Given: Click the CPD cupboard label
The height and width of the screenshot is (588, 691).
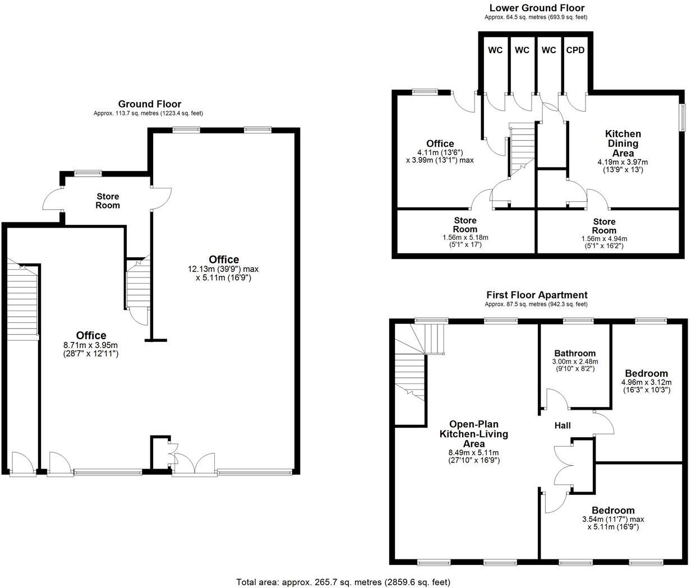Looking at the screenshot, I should (575, 50).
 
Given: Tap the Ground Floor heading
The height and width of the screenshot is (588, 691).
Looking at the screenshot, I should (149, 104).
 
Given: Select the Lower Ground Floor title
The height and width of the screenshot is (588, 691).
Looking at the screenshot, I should (537, 8).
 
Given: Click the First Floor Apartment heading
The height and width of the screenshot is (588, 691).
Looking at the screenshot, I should (537, 295).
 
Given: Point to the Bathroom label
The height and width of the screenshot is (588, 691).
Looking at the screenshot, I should (575, 353).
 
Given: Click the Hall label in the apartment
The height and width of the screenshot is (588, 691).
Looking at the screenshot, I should (563, 425).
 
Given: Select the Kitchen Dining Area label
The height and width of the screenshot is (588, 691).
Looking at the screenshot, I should (623, 143).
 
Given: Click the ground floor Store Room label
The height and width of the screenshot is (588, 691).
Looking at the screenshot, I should (108, 201).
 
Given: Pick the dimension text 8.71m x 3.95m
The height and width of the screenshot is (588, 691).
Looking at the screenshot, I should (91, 345).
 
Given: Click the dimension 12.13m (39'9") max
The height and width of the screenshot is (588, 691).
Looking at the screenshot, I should (223, 269).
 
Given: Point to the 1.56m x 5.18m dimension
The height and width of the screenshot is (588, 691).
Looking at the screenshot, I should (465, 238).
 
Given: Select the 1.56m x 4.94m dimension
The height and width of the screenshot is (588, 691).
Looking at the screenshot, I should (604, 238).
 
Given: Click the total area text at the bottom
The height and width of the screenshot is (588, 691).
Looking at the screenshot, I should (343, 582).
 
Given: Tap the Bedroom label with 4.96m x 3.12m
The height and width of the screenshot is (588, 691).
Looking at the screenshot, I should (646, 373).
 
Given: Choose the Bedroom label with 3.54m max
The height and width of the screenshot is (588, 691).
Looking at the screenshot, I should (613, 510).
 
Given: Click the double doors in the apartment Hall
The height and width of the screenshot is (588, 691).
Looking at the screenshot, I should (563, 465).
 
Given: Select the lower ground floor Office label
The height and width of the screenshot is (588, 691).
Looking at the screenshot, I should (440, 143).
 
